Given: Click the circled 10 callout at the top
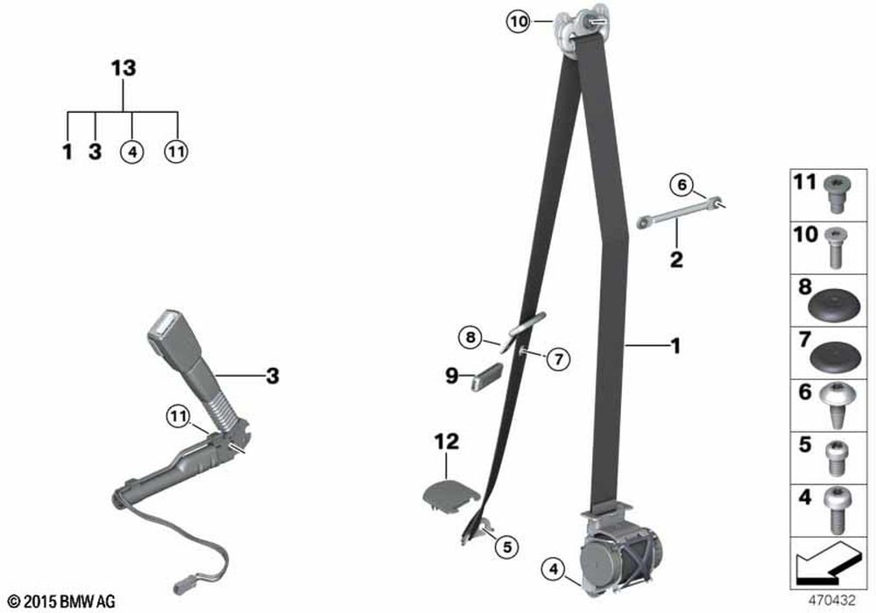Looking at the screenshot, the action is (x=518, y=22).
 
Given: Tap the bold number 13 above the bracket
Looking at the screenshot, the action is (x=124, y=68).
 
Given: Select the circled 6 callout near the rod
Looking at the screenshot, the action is (x=682, y=184).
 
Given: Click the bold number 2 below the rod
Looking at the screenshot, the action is (x=676, y=259).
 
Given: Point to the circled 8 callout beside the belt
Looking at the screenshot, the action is (x=470, y=337).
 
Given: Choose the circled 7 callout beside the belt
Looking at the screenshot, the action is (x=559, y=358).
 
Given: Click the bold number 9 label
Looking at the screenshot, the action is (x=451, y=376).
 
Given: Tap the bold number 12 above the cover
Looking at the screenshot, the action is (x=447, y=441).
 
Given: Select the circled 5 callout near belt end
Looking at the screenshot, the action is (x=506, y=546).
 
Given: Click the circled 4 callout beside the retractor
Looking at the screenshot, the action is (x=553, y=569).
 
